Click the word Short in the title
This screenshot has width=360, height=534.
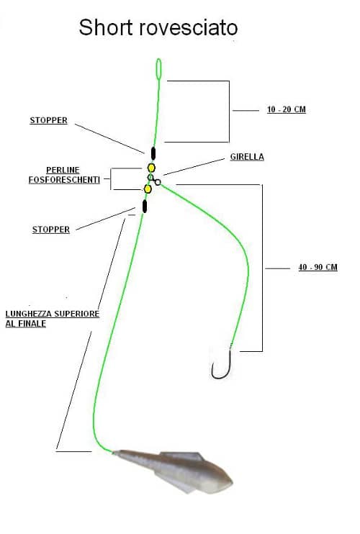tap(106, 27)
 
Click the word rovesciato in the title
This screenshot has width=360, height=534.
tap(189, 28)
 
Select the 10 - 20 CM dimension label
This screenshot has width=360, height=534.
tap(286, 109)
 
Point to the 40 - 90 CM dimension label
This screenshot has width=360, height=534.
tap(318, 267)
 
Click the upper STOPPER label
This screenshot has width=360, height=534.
tap(48, 120)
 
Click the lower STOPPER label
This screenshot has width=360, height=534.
tap(51, 230)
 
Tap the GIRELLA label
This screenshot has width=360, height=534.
tap(247, 157)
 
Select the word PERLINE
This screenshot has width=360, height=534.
tap(63, 170)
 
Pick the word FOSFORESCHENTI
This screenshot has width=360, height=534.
tap(64, 180)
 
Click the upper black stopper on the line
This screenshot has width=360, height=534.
tap(153, 153)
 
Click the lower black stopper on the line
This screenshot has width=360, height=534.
tap(145, 207)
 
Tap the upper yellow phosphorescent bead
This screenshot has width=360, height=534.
tap(151, 168)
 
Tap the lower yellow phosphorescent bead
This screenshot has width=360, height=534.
tap(148, 189)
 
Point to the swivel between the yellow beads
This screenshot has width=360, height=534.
tap(153, 179)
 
